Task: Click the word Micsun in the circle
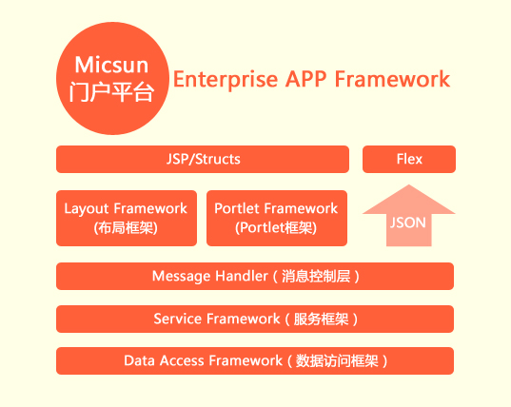coord(111,65)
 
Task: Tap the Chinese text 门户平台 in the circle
coord(111,92)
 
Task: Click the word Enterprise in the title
coord(226,80)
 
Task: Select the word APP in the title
coord(305,79)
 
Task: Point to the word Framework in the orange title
coord(393,79)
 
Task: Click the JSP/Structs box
coord(203,159)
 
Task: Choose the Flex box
coord(409,159)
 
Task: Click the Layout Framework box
coord(127,218)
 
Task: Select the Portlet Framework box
coord(277,218)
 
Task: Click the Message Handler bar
coord(255,276)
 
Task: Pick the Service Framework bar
coord(255,319)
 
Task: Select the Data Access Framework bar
coord(255,360)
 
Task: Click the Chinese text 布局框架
coord(126,227)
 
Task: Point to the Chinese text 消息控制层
coord(316,276)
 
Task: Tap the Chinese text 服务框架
coord(321,319)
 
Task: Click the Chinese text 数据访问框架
coord(337,360)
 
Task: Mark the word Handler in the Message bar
coord(242,276)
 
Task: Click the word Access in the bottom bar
coord(182,360)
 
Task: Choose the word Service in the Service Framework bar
coord(177,319)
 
